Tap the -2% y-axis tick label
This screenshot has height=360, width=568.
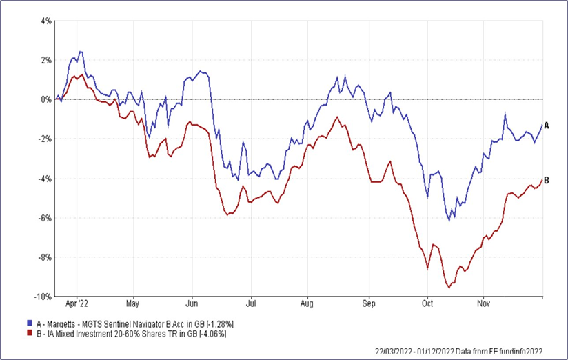click(45, 139)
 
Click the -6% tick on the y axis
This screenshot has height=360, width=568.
click(45, 218)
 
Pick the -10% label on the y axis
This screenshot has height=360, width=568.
click(44, 297)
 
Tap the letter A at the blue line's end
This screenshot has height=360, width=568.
click(546, 126)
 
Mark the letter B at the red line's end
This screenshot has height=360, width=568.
click(546, 180)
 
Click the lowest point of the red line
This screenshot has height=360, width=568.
click(449, 287)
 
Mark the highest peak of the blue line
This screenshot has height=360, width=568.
click(81, 51)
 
